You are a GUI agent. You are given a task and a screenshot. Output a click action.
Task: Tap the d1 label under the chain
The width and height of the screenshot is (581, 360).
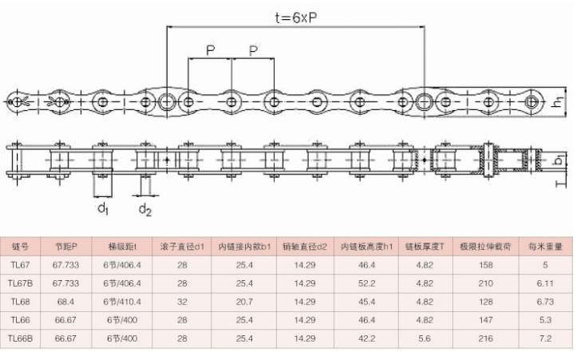pyautogui.click(x=103, y=210)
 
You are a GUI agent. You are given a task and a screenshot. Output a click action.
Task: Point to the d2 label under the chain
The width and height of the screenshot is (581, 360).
pyautogui.click(x=144, y=210)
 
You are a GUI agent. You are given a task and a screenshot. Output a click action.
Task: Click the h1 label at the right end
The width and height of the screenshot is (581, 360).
pyautogui.click(x=558, y=101)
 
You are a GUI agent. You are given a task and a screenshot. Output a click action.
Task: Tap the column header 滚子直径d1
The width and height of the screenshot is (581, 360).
pyautogui.click(x=182, y=246)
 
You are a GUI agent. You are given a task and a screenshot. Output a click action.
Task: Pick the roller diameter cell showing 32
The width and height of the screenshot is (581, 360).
pyautogui.click(x=182, y=301)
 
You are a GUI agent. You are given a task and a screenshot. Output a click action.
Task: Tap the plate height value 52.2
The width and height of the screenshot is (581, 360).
pyautogui.click(x=366, y=283)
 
